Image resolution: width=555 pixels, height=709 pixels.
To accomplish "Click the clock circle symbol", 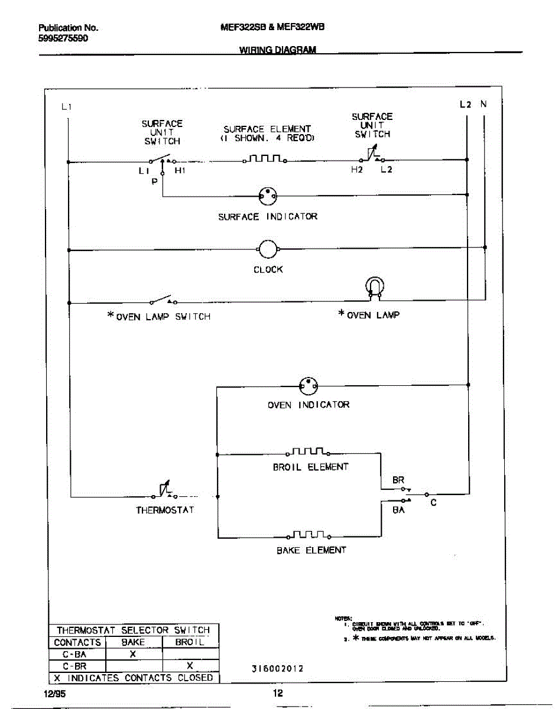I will coord(268,249).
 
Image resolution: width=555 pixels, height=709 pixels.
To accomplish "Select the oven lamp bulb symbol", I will coord(373,287).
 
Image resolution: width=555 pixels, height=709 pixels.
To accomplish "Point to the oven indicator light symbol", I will coord(308,386).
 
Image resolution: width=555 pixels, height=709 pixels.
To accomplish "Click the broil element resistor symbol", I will coord(308,453).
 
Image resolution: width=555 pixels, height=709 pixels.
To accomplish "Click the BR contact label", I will coord(398,480).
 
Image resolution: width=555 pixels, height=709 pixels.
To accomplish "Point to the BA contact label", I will coord(398,510).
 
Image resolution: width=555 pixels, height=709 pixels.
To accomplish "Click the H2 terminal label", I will coord(357,170).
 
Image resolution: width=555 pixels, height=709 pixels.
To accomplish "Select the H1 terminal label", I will coord(180,170).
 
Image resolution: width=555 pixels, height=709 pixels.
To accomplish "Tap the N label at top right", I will coord(483,105).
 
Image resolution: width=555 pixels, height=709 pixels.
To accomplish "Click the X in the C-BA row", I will coord(133,654).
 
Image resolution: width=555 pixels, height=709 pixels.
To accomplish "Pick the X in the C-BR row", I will coord(190,665).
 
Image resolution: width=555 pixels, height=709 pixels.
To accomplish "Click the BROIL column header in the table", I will coord(190,642).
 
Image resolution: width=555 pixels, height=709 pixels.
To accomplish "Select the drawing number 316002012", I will coord(277,669).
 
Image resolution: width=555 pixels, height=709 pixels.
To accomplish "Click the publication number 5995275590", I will coord(63,38).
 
